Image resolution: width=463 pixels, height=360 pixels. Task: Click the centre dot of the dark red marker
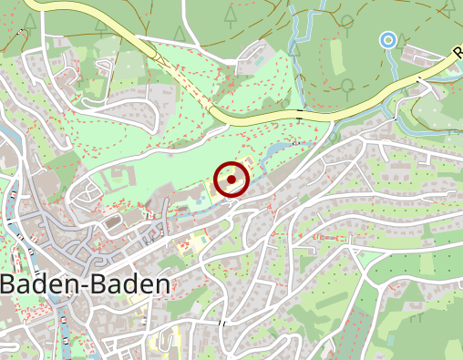pos(231,180)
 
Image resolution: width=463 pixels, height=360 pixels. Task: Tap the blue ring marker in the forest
pos(388,39)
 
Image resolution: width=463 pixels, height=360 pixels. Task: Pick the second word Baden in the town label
pos(129,284)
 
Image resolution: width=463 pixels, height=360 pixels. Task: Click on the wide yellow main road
pos(273,117)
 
